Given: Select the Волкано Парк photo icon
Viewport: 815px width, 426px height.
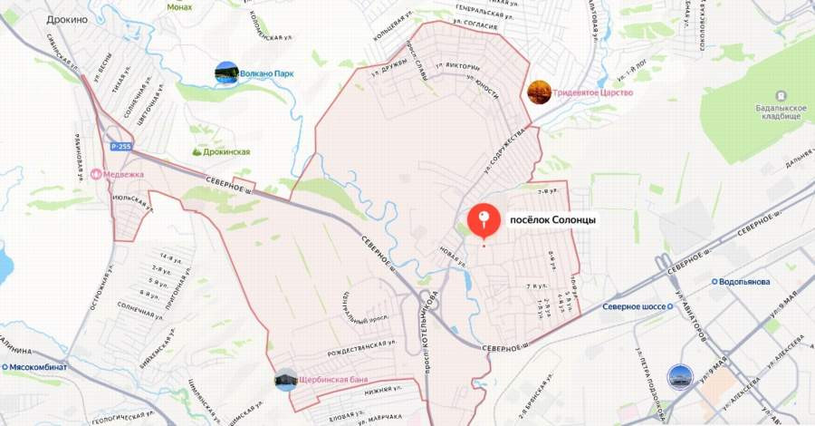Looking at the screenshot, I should tap(226, 73).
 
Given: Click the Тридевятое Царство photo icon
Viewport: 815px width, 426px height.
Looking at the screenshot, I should tap(540, 92).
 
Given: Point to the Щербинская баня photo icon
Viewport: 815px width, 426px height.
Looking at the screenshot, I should tap(286, 379).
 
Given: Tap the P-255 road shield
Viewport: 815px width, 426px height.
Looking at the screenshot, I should tap(120, 146).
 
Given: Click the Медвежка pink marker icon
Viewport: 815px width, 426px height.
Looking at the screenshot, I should tap(96, 174).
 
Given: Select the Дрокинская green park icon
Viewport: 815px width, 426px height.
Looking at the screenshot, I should tap(197, 152).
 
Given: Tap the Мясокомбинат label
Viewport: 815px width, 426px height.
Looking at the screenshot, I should tap(38, 367).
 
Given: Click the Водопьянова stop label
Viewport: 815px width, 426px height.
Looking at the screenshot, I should tap(744, 281).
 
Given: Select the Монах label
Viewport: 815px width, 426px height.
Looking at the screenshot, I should tap(179, 6).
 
